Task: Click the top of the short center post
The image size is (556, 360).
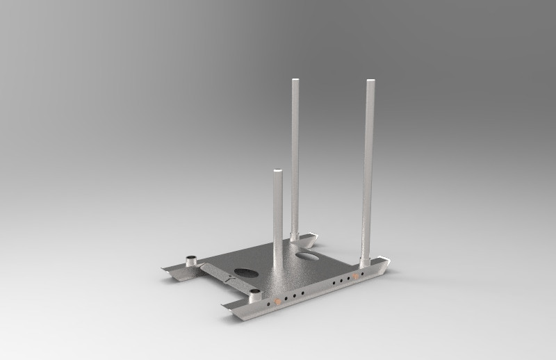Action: (277, 171)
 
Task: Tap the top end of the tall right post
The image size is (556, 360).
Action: (370, 82)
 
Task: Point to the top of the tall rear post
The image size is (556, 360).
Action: (295, 81)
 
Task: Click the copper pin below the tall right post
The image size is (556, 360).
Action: (356, 276)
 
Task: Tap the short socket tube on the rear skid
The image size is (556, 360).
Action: (190, 262)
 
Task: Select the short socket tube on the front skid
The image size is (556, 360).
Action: (254, 295)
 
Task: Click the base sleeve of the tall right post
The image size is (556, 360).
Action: (364, 262)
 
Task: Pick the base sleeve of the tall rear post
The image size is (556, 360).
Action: (295, 236)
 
